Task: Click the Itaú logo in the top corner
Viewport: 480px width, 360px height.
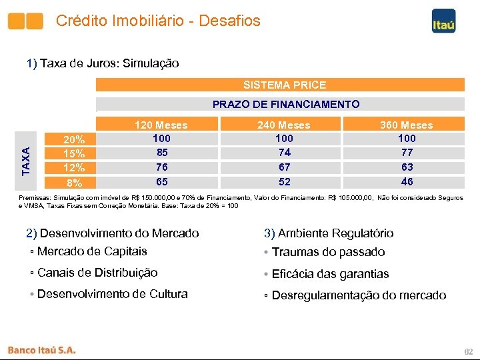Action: [443, 21]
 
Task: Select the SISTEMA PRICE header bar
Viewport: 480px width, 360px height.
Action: [281, 85]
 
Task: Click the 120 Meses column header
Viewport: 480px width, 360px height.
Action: [161, 125]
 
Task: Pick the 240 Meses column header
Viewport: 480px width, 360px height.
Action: [284, 125]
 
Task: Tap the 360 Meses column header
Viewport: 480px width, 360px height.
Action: [407, 125]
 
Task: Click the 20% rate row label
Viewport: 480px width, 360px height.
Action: [73, 140]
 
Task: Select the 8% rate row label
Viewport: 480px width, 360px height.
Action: [73, 183]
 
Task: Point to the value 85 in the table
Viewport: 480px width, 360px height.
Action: [161, 153]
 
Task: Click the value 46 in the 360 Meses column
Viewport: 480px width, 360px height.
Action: [407, 181]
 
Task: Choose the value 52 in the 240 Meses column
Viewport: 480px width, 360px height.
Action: [284, 181]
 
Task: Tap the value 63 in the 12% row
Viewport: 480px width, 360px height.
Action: [407, 167]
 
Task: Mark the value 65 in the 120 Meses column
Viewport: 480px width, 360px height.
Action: [161, 181]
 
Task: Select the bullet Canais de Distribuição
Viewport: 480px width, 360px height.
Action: [95, 273]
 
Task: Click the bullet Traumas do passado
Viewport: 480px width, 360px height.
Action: [325, 252]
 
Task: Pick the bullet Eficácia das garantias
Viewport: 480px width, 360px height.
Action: [327, 274]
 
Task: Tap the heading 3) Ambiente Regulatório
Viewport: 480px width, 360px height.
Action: [329, 233]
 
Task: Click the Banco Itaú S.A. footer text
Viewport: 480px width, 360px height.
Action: [41, 349]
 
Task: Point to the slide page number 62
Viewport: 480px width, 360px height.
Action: [468, 351]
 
